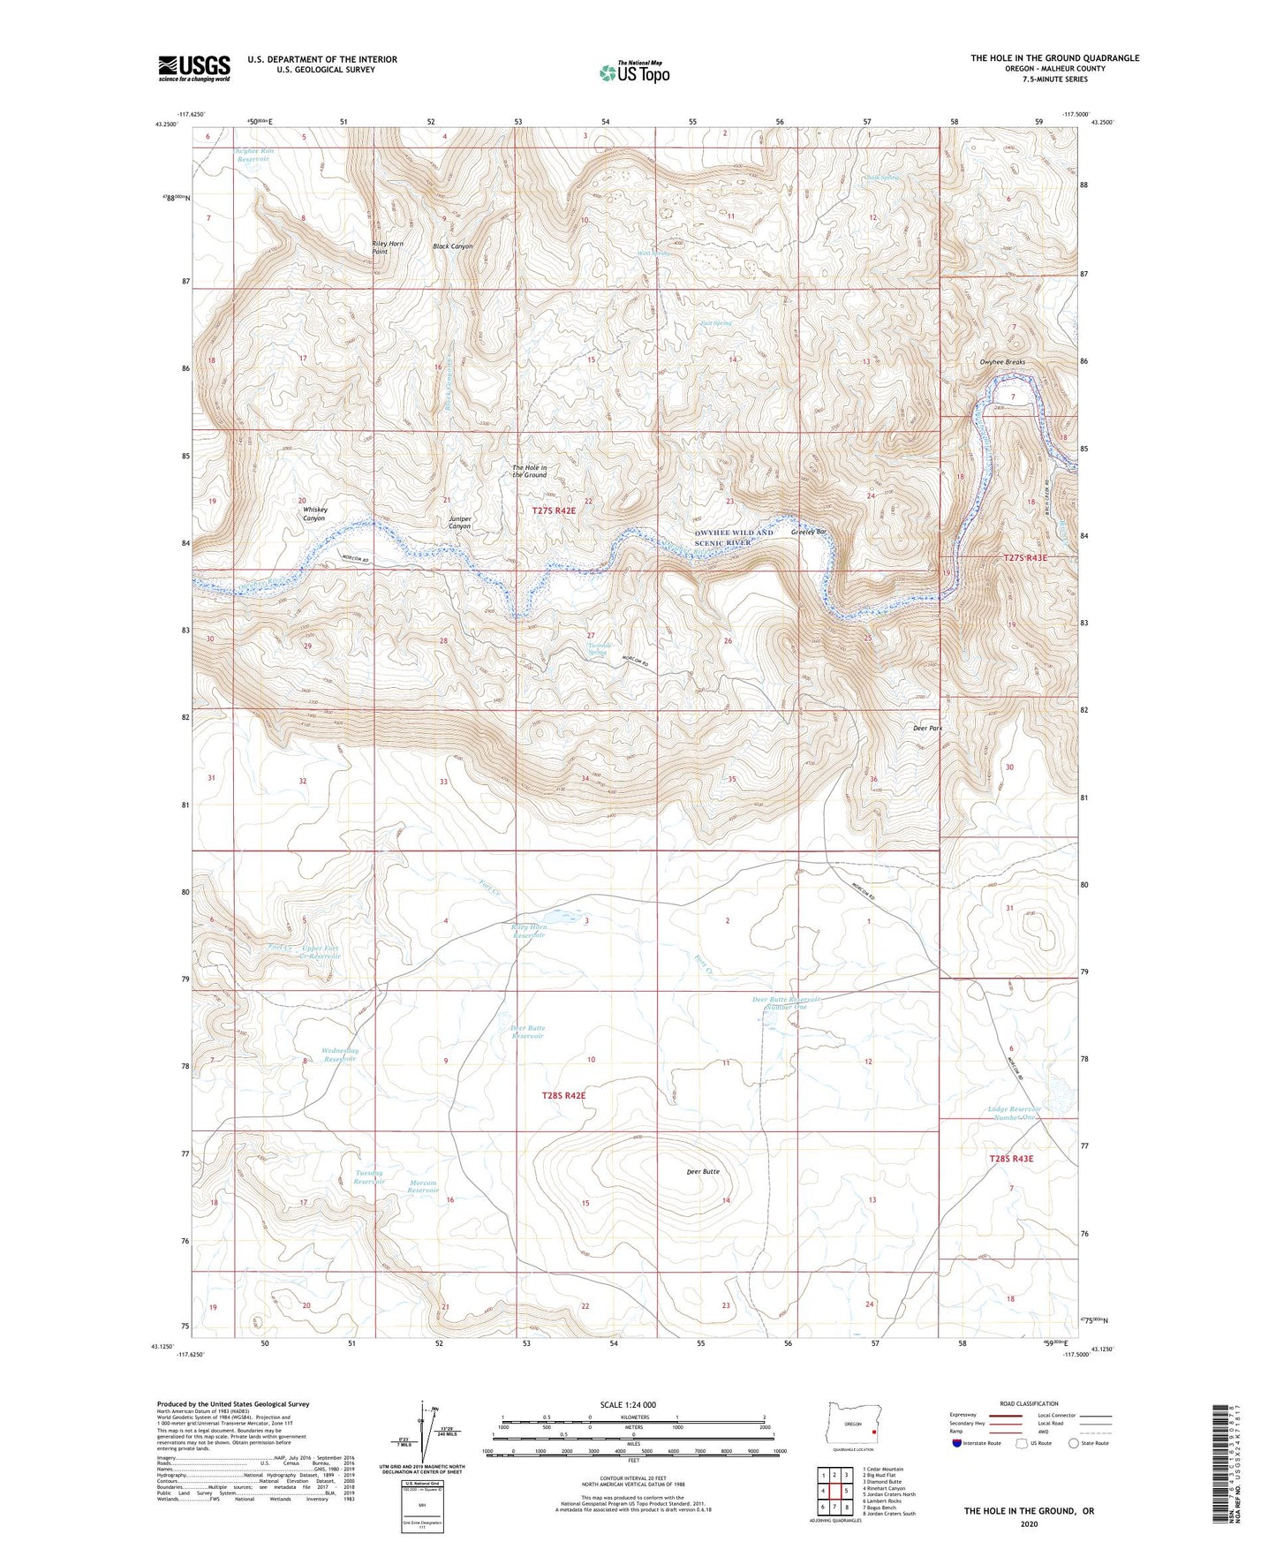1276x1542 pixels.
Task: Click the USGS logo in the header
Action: (x=194, y=68)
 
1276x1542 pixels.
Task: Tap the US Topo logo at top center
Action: (x=633, y=72)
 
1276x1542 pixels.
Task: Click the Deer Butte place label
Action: (x=703, y=1171)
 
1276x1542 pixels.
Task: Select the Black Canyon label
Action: (x=453, y=246)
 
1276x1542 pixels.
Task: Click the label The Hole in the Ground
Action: (x=530, y=471)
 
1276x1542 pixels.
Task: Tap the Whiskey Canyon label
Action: (x=314, y=514)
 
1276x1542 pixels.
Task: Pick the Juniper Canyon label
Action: (x=460, y=523)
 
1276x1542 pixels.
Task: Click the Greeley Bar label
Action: (x=809, y=532)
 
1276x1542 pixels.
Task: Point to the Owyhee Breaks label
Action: (x=1002, y=362)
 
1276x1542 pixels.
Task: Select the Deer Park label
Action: (x=927, y=729)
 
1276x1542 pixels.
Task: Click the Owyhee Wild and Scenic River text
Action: (x=734, y=537)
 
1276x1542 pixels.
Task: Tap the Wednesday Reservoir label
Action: (x=341, y=1054)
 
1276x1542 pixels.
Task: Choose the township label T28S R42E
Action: (x=563, y=1095)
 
